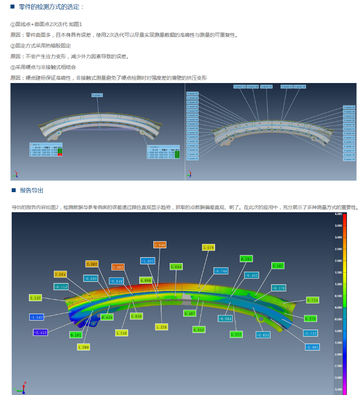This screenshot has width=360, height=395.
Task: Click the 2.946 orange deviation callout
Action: (159, 244)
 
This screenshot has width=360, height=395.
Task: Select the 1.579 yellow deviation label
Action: (208, 248)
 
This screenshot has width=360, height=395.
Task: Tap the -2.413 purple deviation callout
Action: (40, 332)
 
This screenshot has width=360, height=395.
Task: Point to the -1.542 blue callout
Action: (37, 317)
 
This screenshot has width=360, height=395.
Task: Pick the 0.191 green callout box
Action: (246, 258)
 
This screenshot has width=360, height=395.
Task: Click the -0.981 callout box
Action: (312, 346)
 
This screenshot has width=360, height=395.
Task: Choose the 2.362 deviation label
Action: (92, 264)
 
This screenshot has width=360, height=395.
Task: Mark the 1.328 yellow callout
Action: (161, 327)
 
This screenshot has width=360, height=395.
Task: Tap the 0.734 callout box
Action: (312, 300)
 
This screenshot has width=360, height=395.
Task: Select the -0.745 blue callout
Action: (221, 270)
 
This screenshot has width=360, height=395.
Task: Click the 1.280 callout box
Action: (83, 347)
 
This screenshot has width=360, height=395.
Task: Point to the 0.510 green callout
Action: (199, 329)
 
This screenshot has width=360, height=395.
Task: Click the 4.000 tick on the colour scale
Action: (338, 214)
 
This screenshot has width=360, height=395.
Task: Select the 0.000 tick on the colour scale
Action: (338, 307)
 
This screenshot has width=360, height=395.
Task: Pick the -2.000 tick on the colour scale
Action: (338, 354)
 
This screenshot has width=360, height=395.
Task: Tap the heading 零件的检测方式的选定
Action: (51, 7)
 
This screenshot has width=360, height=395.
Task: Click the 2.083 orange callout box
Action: (118, 267)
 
